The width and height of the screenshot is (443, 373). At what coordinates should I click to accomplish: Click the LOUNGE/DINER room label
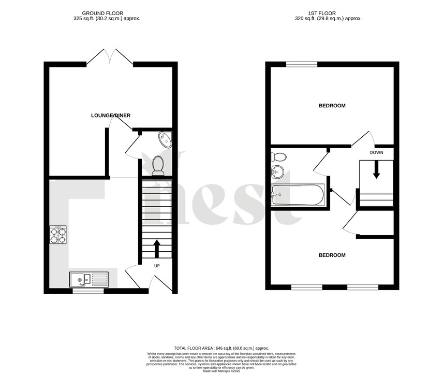point(111,115)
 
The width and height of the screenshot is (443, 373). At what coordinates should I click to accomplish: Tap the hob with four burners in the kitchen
point(58,235)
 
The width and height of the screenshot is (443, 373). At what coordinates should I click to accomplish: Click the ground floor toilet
point(158,165)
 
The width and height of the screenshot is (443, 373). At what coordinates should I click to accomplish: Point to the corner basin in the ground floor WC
point(165,139)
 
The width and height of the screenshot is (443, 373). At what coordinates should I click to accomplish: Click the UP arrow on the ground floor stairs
point(157,249)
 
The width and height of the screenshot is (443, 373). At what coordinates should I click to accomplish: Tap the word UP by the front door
point(156,266)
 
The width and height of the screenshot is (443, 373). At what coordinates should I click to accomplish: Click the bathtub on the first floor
point(298,195)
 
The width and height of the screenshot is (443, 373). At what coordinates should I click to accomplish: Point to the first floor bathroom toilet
point(280,157)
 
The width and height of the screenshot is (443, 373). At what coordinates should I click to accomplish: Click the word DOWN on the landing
point(376,152)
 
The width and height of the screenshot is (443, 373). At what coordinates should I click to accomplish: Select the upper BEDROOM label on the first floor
point(332,106)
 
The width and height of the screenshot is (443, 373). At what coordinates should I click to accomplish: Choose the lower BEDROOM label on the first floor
point(332,255)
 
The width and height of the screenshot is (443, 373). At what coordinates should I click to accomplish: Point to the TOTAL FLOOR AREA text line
point(221,348)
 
